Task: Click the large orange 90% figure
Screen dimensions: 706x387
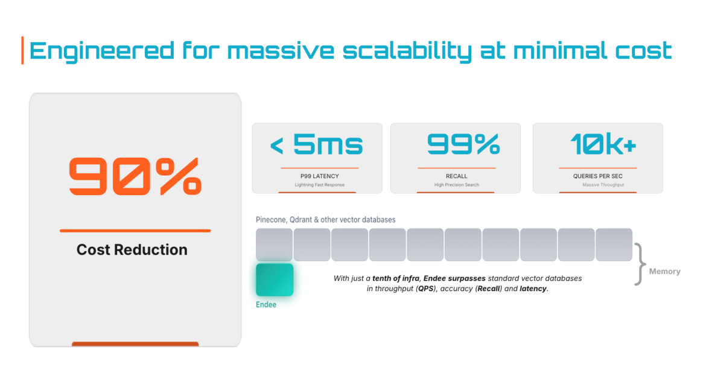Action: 135,176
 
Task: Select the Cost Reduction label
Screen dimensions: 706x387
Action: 132,249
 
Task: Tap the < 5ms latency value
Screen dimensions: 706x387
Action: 317,145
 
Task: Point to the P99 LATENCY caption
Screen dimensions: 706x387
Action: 320,176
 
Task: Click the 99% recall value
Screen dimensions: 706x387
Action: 463,145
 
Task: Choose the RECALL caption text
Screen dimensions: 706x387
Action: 457,176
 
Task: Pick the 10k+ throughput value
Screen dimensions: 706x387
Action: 603,145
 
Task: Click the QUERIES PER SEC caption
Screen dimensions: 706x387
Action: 598,176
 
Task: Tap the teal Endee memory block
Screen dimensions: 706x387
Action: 275,280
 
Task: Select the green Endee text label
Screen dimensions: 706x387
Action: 266,304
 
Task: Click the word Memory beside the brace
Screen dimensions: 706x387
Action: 664,271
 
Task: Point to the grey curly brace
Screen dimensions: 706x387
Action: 640,264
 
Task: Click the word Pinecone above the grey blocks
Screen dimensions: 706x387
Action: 270,220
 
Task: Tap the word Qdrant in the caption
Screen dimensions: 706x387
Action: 301,220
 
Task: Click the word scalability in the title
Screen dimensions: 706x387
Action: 407,51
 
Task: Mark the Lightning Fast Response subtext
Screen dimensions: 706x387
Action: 320,185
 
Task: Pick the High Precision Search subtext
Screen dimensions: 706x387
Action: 457,185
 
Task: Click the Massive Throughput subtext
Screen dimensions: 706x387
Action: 603,185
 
